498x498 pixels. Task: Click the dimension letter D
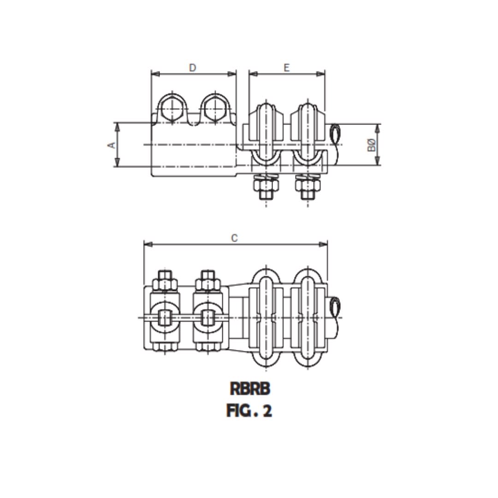[193, 68]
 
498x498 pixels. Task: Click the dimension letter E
[286, 68]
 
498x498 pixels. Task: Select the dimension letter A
[111, 145]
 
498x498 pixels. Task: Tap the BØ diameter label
[372, 145]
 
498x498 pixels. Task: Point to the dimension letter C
[234, 238]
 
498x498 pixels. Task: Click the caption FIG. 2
[249, 410]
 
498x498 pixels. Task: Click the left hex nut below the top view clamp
[266, 186]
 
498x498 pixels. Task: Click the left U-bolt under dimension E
[266, 134]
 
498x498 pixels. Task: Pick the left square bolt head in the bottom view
[165, 317]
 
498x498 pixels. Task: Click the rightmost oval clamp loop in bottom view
[308, 317]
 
